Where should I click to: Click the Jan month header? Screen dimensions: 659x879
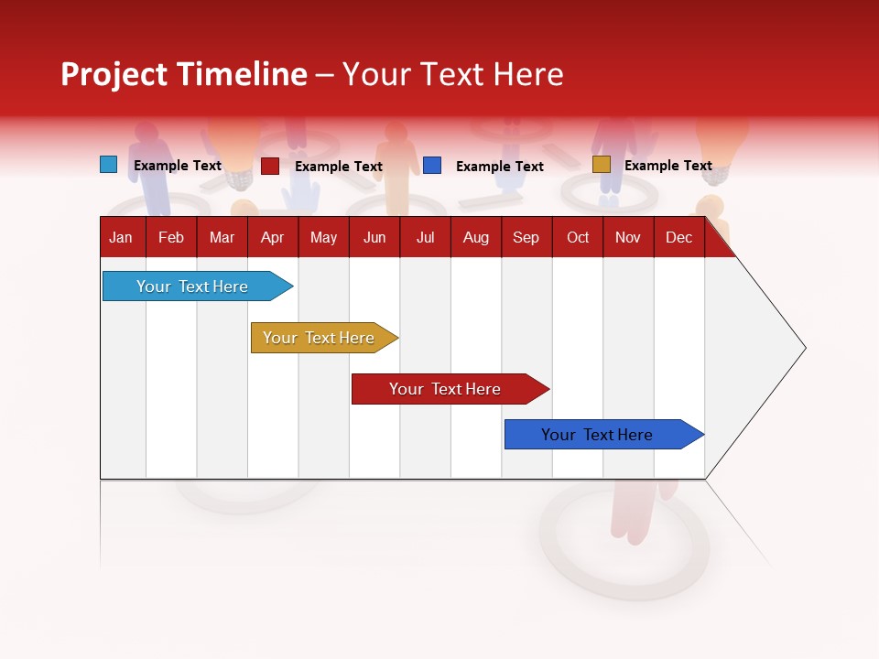point(121,237)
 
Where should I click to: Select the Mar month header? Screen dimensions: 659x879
point(222,237)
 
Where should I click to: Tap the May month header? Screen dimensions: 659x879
point(323,237)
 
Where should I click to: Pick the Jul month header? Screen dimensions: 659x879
point(426,237)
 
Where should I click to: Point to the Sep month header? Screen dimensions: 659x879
point(526,237)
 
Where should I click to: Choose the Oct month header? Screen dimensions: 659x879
point(578,237)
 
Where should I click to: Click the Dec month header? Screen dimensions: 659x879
point(678,237)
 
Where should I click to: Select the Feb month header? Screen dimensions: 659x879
point(171,237)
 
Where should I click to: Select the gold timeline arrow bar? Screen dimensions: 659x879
point(320,338)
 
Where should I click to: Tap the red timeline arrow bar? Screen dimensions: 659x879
point(447,389)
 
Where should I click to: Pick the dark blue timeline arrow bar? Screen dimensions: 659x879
point(600,435)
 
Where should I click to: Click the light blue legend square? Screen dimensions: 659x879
point(109,165)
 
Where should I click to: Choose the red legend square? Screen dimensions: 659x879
point(270,166)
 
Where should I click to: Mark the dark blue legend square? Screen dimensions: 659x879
point(432,166)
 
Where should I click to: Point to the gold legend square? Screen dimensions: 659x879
point(602,165)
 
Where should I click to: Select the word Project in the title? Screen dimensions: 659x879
point(114,74)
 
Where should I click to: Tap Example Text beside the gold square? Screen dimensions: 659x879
point(667,166)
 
